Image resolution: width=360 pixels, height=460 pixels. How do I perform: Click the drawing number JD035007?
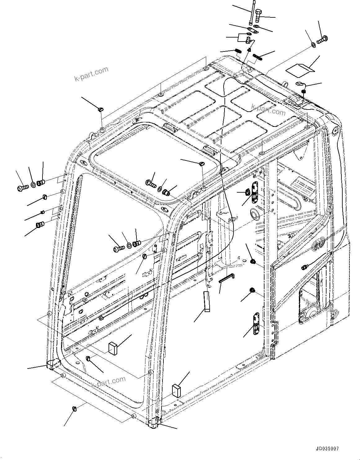click(x=327, y=449)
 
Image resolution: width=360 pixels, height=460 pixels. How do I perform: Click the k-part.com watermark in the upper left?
click(x=91, y=74)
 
